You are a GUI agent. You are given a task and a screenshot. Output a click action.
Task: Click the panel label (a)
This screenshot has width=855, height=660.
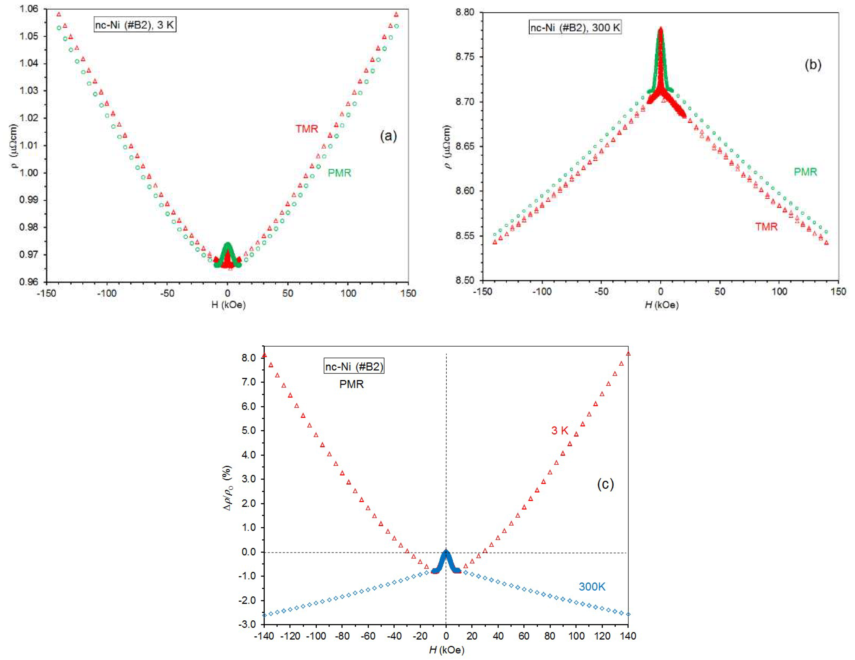[x=388, y=136]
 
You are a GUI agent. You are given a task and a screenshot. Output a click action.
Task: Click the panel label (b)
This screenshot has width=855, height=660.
[x=813, y=65]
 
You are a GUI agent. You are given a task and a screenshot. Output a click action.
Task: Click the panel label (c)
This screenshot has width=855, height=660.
[x=605, y=484]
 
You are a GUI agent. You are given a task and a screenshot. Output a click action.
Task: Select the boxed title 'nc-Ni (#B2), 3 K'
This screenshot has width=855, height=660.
[x=135, y=25]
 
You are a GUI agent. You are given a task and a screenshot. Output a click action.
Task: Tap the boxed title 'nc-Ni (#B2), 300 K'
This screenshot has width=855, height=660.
[x=575, y=28]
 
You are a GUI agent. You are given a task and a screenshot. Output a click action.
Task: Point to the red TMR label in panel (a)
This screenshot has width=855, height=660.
[x=306, y=129]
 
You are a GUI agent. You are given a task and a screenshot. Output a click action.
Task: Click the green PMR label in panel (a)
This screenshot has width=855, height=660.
[x=339, y=173]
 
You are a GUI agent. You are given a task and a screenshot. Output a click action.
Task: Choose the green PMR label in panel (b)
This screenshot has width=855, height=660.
[x=805, y=172]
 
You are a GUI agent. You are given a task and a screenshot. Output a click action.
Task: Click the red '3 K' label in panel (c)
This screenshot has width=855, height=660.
[x=560, y=431]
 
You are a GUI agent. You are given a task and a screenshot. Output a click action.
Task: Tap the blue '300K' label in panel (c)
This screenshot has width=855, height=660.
[x=592, y=586]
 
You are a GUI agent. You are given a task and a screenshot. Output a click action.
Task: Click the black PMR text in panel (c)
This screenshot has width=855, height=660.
[x=351, y=384]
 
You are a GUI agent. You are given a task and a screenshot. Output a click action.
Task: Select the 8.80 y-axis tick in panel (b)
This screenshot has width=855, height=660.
[x=465, y=12]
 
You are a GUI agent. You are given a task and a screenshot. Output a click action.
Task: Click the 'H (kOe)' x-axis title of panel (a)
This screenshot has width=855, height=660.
[x=228, y=305]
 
